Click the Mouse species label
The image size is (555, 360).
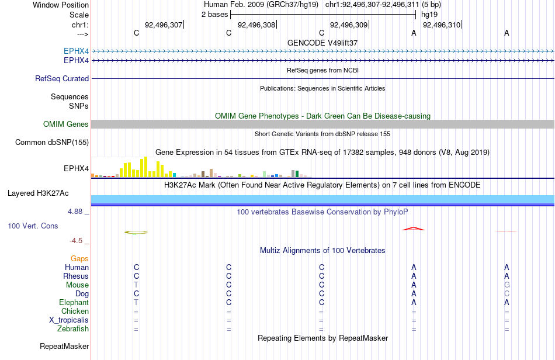pyautogui.click(x=77, y=285)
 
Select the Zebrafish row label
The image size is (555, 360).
pyautogui.click(x=73, y=329)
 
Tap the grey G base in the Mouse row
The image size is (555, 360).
pyautogui.click(x=507, y=285)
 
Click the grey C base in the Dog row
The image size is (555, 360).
pyautogui.click(x=507, y=294)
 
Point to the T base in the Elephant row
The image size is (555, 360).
pyautogui.click(x=136, y=303)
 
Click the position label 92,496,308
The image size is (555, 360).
pyautogui.click(x=256, y=25)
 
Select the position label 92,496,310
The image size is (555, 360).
pyautogui.click(x=442, y=25)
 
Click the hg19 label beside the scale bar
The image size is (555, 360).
pyautogui.click(x=429, y=15)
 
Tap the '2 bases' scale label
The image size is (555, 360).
pyautogui.click(x=215, y=15)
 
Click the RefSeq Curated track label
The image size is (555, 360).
pyautogui.click(x=62, y=78)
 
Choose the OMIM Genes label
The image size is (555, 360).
pyautogui.click(x=66, y=124)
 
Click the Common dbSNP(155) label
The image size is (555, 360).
pyautogui.click(x=52, y=142)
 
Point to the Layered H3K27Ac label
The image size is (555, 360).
pyautogui.click(x=38, y=193)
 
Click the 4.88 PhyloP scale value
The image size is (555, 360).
pyautogui.click(x=75, y=212)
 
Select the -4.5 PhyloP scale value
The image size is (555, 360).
pyautogui.click(x=76, y=241)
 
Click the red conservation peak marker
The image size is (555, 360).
pyautogui.click(x=414, y=229)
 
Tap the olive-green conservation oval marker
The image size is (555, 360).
pyautogui.click(x=136, y=232)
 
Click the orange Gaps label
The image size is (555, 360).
pyautogui.click(x=79, y=259)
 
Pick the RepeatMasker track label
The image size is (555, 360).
pyautogui.click(x=64, y=346)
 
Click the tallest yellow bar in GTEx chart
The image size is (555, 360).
pyautogui.click(x=145, y=167)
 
